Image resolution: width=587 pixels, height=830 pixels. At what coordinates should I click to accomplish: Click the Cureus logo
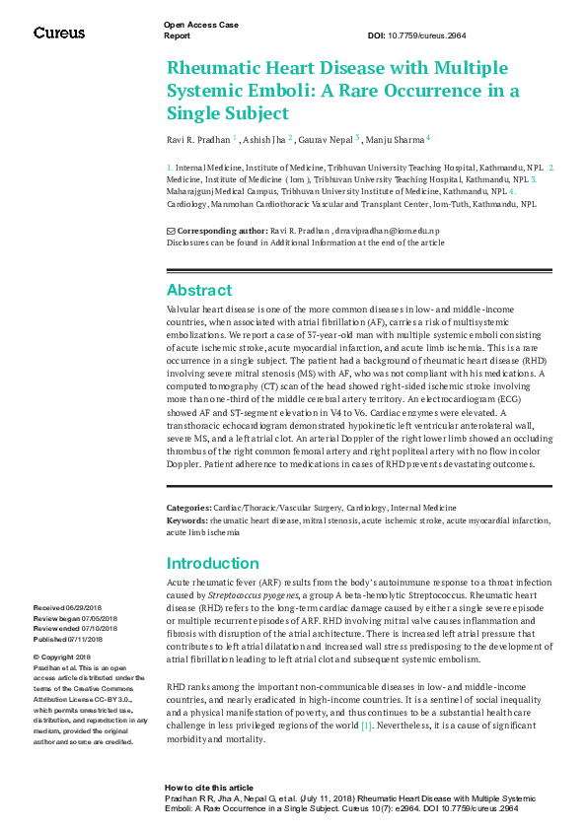(59, 33)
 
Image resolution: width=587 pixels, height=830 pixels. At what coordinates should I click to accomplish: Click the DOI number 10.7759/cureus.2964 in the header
(430, 35)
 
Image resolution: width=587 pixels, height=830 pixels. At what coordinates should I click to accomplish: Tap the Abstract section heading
(199, 290)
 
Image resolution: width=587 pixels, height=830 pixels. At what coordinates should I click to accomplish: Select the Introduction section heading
(213, 564)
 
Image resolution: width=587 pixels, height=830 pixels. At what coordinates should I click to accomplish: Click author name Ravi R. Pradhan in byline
(197, 139)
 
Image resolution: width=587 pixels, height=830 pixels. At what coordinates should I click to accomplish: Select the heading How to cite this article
(209, 789)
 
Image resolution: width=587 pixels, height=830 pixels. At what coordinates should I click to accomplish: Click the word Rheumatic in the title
(216, 68)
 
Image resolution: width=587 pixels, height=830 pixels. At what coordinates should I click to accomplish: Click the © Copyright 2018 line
(62, 657)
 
